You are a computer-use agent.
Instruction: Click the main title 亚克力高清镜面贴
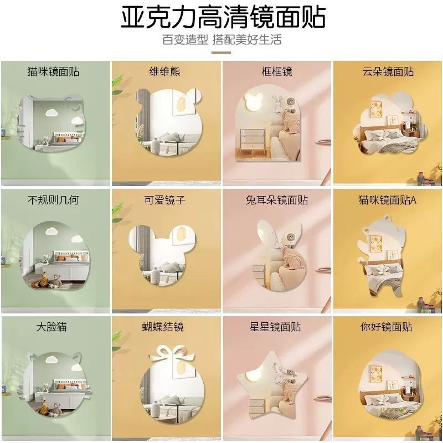coord(223,18)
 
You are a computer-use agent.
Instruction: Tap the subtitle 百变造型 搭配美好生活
coord(222,39)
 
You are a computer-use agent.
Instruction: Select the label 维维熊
coord(164,71)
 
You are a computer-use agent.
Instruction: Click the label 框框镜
coord(276,71)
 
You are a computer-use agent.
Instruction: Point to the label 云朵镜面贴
coord(388,71)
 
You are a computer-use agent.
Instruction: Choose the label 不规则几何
coord(53,200)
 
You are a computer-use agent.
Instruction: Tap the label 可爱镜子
coord(164,200)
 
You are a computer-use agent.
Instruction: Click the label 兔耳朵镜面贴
coord(276,200)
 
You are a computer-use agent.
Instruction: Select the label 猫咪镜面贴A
coord(387,200)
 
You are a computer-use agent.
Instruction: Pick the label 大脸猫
coord(51,327)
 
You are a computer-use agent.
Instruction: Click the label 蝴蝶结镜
coord(163,327)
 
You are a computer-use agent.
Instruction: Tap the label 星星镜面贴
coord(275,327)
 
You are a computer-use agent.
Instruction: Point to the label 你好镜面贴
coord(386,327)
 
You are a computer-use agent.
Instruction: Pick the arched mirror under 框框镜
coord(268,124)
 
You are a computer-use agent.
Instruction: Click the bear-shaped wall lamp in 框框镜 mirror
coord(254,102)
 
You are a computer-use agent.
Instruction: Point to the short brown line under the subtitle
coord(221,53)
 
